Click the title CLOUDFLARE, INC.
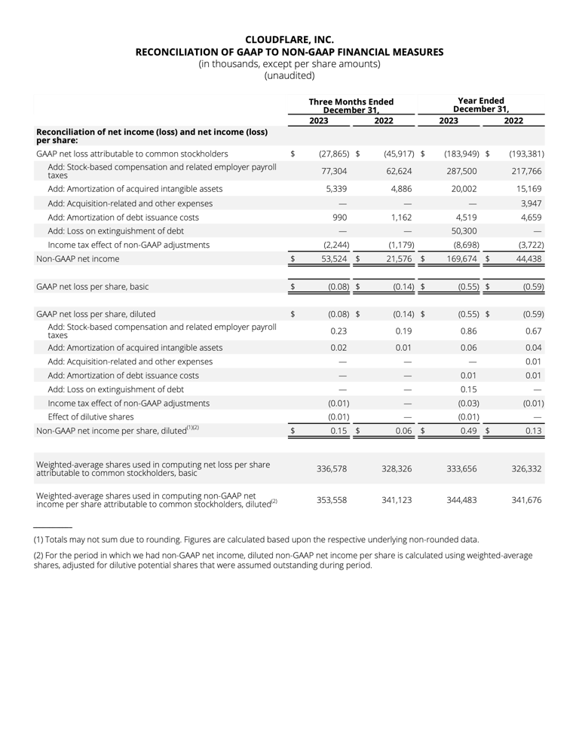289,39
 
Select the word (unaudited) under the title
289,75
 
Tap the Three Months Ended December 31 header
351,105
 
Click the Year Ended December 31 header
481,105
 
